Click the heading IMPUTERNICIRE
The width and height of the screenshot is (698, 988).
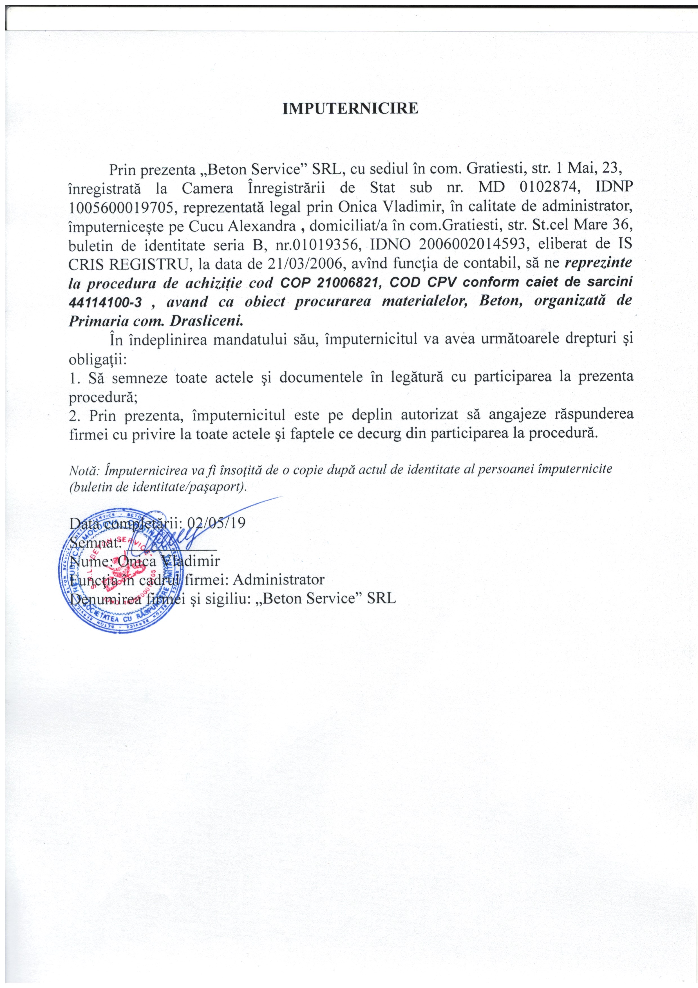click(x=350, y=108)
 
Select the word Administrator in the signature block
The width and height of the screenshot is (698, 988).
click(x=278, y=580)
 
